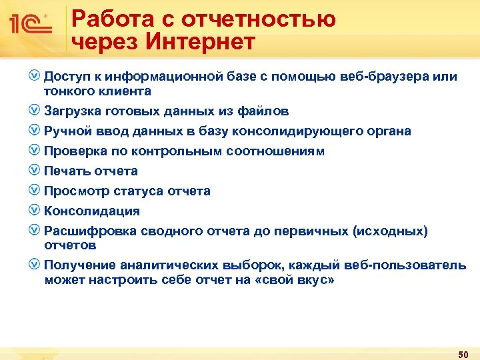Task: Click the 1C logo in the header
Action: [x=31, y=25]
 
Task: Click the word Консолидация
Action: [x=92, y=211]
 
